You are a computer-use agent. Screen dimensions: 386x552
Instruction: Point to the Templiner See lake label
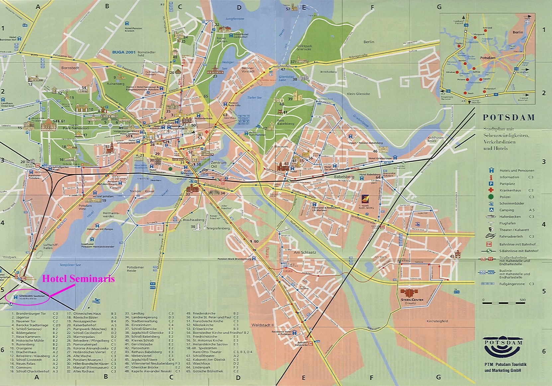[x=70, y=265]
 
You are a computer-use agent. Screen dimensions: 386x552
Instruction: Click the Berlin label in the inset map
[x=518, y=32]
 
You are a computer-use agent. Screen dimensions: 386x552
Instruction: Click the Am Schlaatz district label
[x=305, y=252]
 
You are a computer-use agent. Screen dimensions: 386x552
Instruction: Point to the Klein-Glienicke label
[x=358, y=94]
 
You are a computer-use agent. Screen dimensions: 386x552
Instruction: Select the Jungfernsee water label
[x=234, y=19]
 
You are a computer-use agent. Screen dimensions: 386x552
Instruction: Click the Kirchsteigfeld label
[x=437, y=321]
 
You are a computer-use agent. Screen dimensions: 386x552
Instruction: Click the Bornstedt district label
[x=70, y=68]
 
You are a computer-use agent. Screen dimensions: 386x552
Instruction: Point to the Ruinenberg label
[x=116, y=84]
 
